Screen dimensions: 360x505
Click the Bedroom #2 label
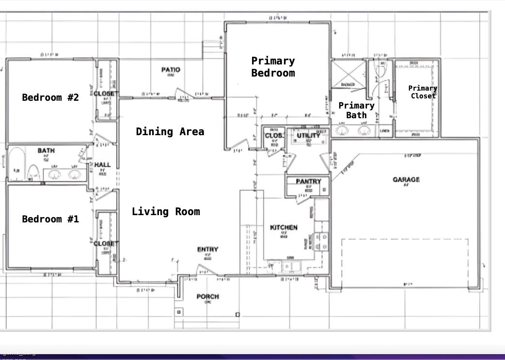50,97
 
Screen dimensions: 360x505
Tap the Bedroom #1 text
50,219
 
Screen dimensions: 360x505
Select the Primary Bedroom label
273,67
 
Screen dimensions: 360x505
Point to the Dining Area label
170,131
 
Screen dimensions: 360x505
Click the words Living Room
166,211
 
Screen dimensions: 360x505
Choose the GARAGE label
406,180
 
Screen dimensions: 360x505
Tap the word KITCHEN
284,227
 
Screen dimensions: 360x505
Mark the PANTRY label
308,181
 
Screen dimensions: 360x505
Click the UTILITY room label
308,135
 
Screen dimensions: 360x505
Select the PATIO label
171,70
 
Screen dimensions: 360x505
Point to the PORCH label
207,296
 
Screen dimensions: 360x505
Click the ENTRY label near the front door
207,250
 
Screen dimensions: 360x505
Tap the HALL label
102,165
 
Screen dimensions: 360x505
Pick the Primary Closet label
423,92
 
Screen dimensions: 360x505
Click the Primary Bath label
356,110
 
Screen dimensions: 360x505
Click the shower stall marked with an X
348,74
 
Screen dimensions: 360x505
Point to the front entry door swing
206,270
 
